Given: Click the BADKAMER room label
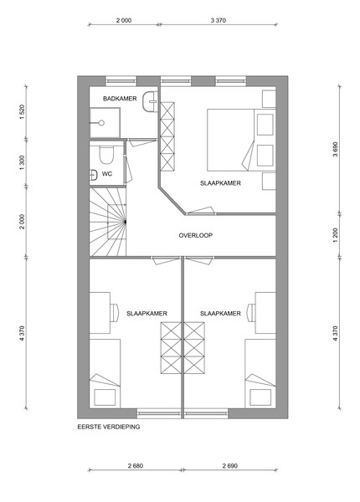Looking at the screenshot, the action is [120, 99].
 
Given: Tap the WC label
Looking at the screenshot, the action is [107, 174].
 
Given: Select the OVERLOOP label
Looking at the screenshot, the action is [196, 236].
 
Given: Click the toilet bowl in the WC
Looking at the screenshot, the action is [105, 156].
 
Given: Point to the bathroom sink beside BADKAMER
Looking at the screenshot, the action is [150, 101].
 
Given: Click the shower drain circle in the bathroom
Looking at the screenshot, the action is [101, 123].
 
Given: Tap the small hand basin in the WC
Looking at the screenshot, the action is [93, 175].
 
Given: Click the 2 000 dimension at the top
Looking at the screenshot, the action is [124, 20].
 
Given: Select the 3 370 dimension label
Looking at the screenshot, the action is [219, 20].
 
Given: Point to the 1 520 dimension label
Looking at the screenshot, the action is [22, 112].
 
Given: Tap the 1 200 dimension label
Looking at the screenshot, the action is [336, 235].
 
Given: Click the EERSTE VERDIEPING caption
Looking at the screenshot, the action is [109, 427].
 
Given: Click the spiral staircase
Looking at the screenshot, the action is [108, 222].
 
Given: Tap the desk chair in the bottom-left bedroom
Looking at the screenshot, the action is [114, 312].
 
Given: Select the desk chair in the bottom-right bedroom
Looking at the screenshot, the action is [251, 312].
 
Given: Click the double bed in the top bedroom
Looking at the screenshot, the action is [241, 140].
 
